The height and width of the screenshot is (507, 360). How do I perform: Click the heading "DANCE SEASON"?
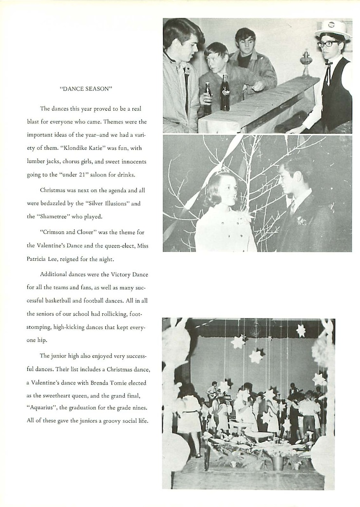(86, 89)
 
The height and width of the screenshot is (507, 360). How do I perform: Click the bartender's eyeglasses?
(327, 44)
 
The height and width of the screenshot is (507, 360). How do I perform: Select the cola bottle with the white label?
(225, 92)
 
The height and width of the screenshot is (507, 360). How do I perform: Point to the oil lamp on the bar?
(306, 62)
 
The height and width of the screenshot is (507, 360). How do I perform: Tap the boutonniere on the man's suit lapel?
(302, 220)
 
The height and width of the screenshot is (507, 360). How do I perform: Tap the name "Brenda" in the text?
(101, 383)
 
